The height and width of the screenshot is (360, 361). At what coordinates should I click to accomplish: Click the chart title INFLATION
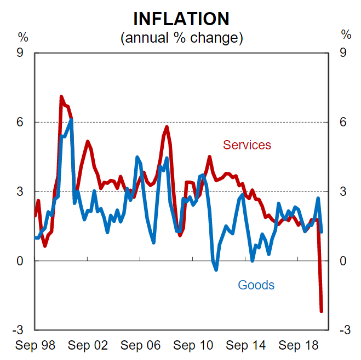coord(181,19)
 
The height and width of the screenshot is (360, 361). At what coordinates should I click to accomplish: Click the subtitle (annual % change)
coord(181,38)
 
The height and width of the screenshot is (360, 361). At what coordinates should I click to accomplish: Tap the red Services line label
coord(247,145)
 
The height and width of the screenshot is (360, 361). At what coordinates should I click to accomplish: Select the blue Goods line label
coord(256,285)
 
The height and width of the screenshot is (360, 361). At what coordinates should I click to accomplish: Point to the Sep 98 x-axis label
coord(35,346)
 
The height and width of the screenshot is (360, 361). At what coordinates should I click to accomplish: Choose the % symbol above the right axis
coord(346,34)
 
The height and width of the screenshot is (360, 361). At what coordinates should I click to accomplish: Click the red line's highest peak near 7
coord(61,97)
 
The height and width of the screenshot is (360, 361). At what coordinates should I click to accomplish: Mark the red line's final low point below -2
coord(322,311)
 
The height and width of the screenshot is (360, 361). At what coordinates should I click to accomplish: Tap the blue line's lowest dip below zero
coord(216,269)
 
